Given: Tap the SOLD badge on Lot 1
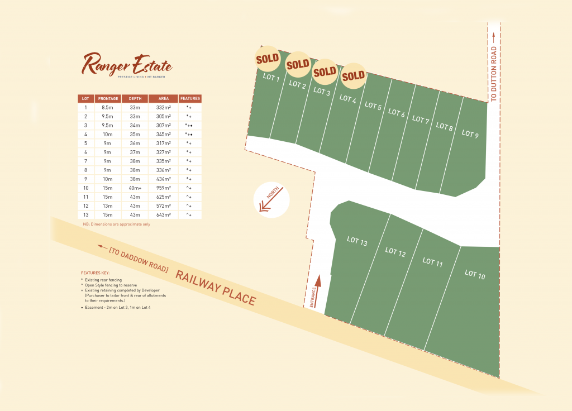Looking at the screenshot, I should click(268, 58).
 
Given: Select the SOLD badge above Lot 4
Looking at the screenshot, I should click(353, 75).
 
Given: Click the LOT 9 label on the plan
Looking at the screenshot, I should click(470, 135).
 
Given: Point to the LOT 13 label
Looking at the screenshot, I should click(357, 241).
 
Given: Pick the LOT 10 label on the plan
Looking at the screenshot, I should click(475, 274).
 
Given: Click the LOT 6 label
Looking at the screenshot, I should click(396, 113).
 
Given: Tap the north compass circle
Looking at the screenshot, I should click(271, 200).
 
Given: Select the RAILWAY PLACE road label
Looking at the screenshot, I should click(216, 287).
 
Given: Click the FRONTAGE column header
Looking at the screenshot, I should click(108, 98).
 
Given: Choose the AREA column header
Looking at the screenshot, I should click(163, 98).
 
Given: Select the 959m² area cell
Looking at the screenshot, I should click(163, 188).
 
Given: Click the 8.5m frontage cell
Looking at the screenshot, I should click(108, 107).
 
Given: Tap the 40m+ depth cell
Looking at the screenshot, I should click(135, 188).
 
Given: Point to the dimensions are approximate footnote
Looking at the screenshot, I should click(116, 224).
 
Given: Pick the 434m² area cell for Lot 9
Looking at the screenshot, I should click(163, 179).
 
